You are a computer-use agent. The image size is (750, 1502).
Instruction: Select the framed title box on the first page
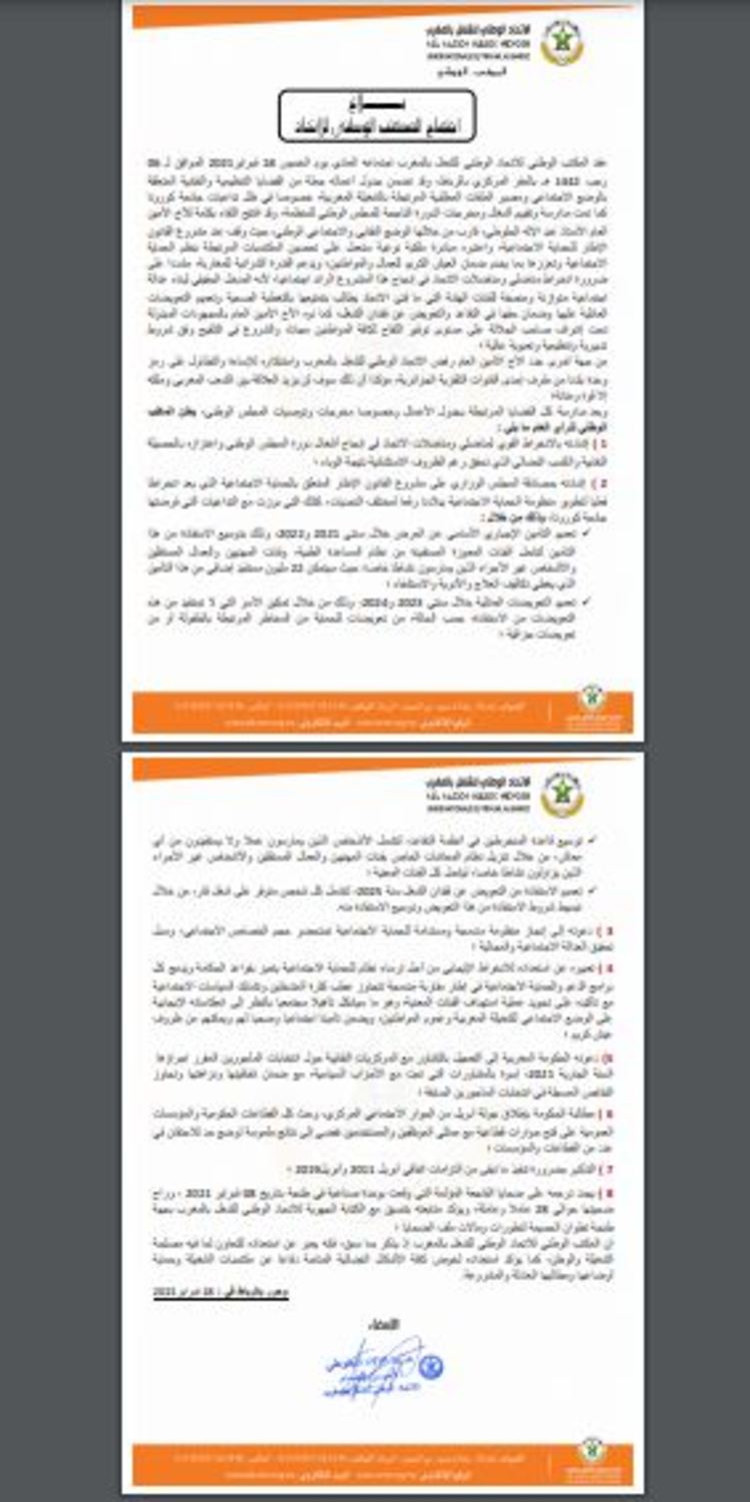click(377, 115)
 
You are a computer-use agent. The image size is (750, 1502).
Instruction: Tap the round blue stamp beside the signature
click(431, 1366)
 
